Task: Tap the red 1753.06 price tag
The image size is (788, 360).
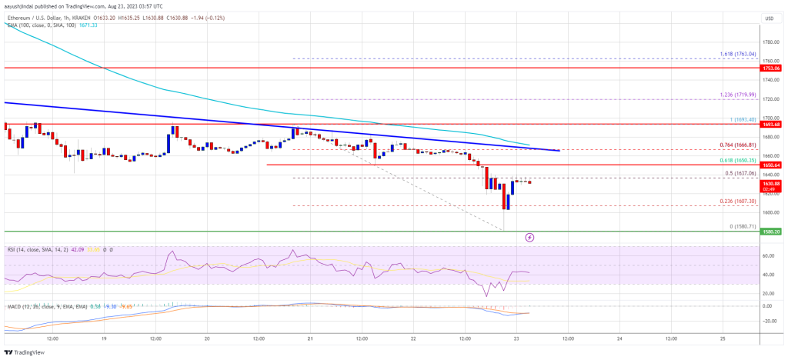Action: [x=772, y=68]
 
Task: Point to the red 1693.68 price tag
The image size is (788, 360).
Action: [x=772, y=124]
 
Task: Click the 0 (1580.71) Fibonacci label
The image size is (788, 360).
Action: [x=740, y=226]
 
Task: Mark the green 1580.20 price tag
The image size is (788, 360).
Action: [x=772, y=231]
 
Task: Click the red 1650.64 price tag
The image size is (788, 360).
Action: [x=772, y=165]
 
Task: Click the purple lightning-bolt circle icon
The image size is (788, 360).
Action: [x=529, y=238]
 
